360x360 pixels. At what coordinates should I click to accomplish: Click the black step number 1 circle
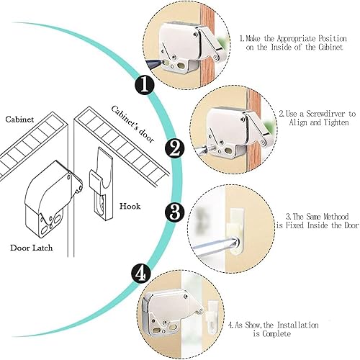144,85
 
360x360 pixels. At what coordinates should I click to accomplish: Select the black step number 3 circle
175,212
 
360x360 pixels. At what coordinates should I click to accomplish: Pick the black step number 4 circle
141,274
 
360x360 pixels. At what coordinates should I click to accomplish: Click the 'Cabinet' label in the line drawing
19,120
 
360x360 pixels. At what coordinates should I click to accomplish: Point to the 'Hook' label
130,206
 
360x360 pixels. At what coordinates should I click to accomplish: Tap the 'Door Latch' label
32,248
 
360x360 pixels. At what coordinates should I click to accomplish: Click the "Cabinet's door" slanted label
132,125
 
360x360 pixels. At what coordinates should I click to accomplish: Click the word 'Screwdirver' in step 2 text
324,114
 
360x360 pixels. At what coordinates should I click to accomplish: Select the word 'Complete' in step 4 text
276,333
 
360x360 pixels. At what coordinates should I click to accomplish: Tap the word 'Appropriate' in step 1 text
297,39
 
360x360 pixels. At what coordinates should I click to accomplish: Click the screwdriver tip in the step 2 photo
207,148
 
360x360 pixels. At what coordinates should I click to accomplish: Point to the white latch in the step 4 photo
171,312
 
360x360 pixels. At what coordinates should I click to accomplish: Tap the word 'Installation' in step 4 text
298,325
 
